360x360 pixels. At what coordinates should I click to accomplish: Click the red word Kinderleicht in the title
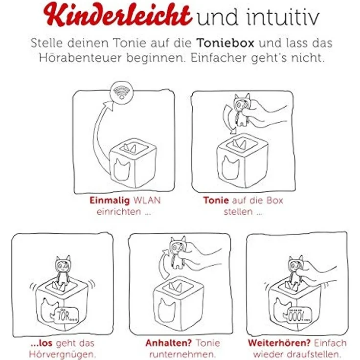point(117,15)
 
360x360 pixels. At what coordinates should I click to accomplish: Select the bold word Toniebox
point(225,43)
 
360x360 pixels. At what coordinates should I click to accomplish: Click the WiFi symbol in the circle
point(122,92)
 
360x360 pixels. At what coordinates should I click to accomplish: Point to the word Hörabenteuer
point(80,58)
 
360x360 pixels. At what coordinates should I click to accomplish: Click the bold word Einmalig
point(110,201)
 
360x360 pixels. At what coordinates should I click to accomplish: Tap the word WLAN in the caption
point(147,200)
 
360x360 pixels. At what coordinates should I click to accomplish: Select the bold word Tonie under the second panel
point(216,200)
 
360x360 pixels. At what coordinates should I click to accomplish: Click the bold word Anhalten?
point(169,343)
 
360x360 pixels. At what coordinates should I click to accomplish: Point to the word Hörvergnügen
point(62,355)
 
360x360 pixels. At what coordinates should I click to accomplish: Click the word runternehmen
point(183,354)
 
